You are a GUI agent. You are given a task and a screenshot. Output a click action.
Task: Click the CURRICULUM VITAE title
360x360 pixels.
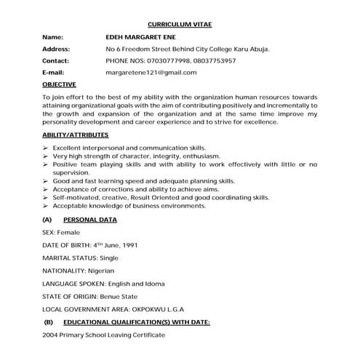[180, 24]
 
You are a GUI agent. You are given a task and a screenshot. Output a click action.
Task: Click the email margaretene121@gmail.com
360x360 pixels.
[151, 73]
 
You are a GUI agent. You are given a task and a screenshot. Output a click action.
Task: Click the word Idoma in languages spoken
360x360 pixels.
[153, 283]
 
